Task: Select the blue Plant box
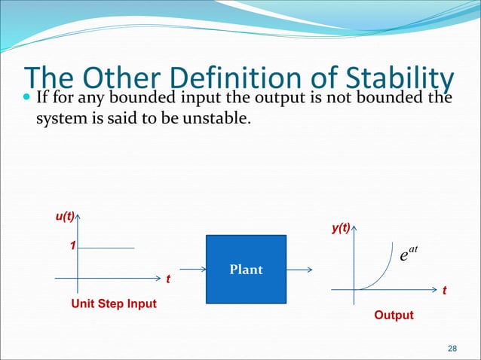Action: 246,269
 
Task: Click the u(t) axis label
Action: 64,217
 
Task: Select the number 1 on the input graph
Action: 73,246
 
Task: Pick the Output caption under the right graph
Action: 394,315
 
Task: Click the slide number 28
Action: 452,348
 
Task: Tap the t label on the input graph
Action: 168,281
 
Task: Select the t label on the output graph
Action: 445,290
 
